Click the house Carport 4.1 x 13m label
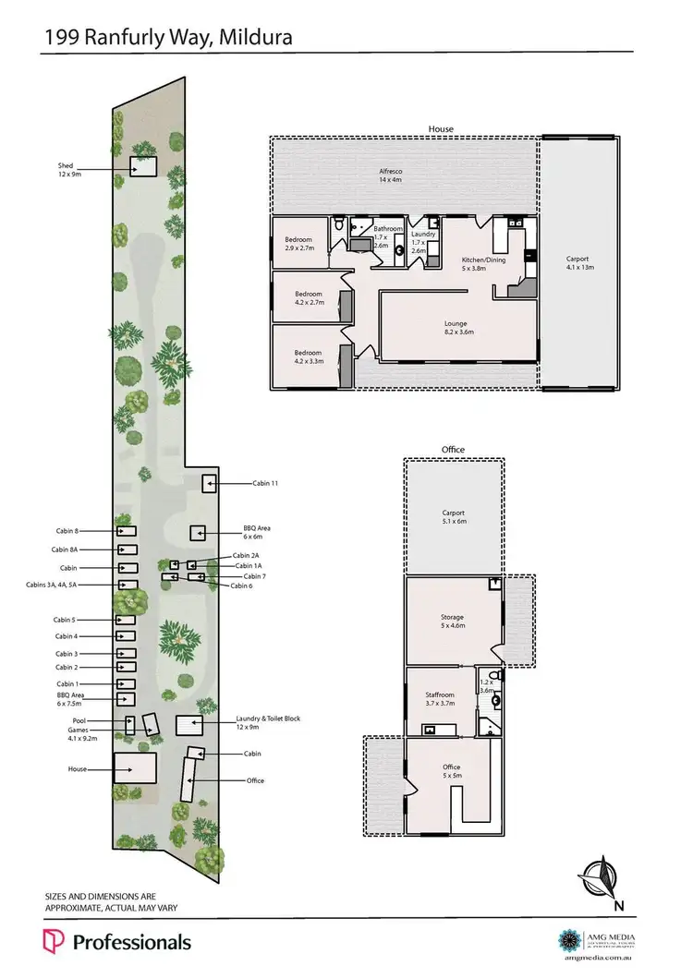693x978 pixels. (577, 263)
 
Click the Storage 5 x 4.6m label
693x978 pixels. (452, 622)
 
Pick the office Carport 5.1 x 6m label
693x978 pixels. (453, 517)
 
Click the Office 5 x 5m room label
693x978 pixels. (452, 771)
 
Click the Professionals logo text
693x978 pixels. (130, 942)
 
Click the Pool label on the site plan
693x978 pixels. (79, 720)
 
